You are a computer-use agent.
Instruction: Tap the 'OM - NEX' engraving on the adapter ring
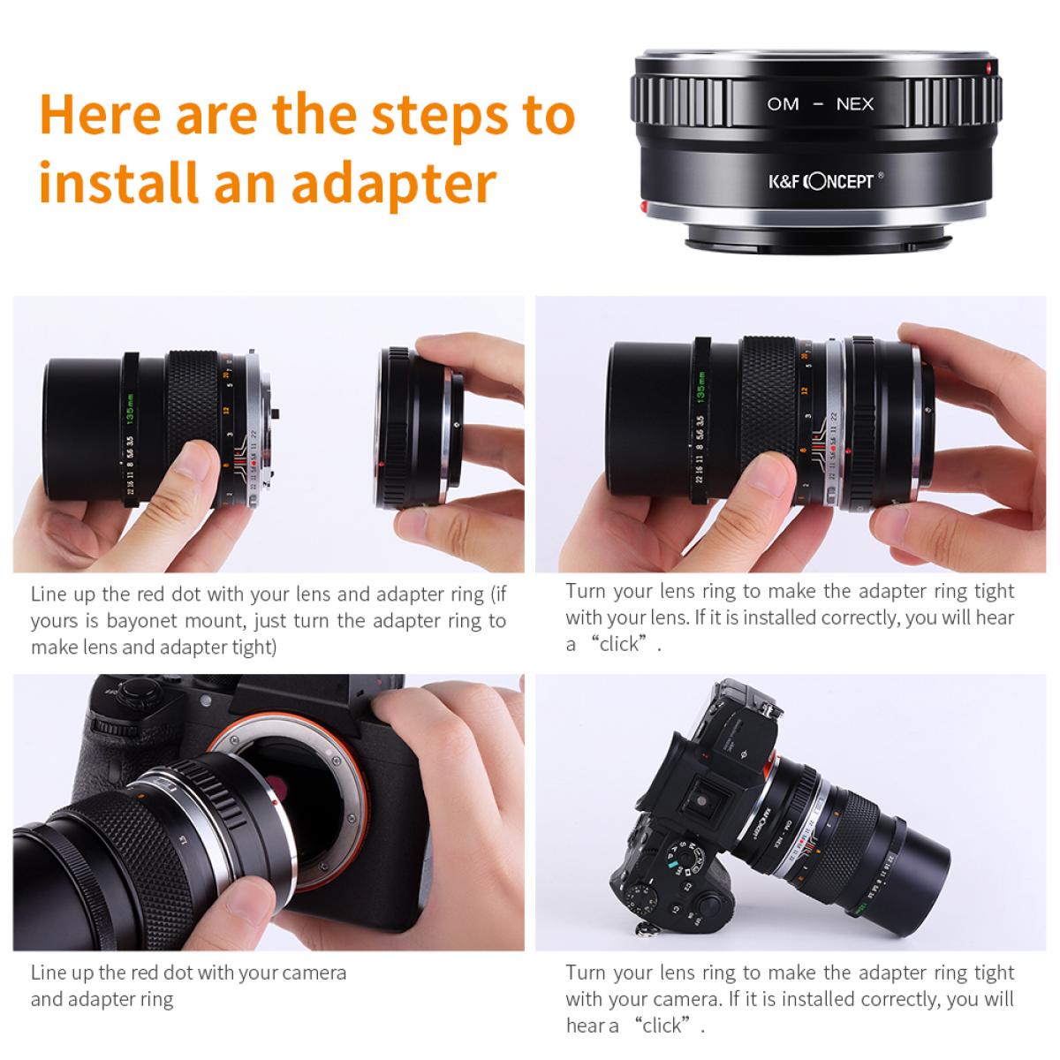point(820,104)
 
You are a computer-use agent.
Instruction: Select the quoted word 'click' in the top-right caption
point(618,644)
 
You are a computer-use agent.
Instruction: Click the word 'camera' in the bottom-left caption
point(314,973)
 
